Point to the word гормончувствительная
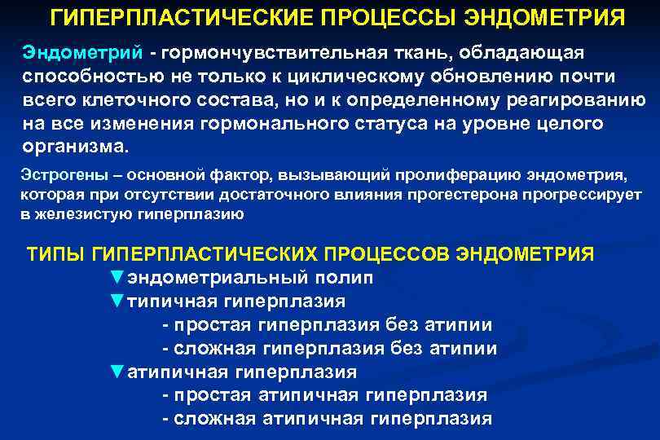coord(258,52)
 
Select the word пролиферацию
coord(442,175)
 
